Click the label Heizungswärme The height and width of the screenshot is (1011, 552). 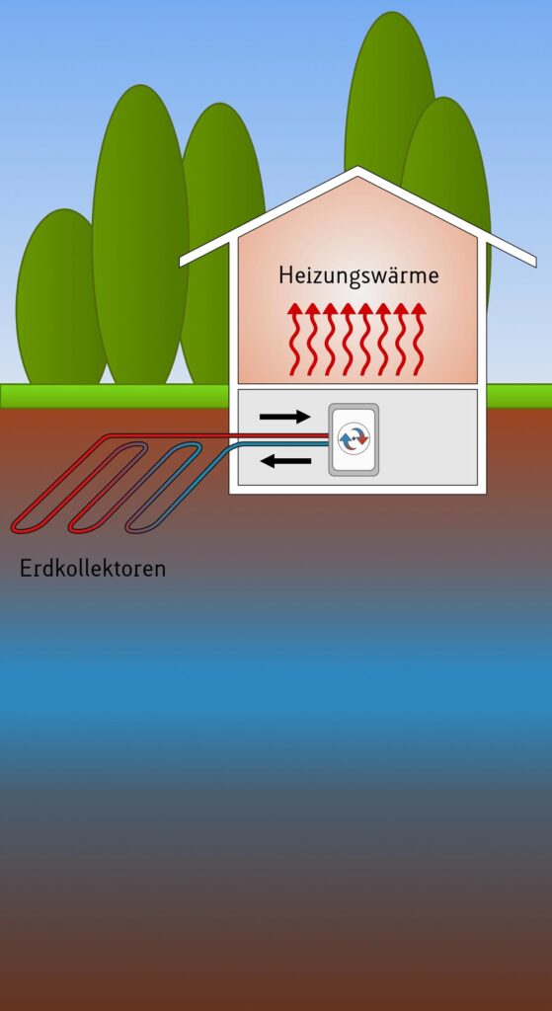[358, 276]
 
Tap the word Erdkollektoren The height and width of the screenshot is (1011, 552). [93, 569]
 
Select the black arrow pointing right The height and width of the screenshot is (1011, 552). [284, 417]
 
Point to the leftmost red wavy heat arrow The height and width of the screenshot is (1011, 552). [294, 340]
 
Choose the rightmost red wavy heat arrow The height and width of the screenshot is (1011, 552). [420, 340]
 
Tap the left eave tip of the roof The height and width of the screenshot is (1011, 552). [182, 263]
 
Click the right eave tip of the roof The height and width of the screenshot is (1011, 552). [534, 262]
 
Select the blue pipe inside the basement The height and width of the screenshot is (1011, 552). [283, 443]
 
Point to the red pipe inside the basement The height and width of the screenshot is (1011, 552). [283, 435]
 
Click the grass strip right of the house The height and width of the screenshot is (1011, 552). [519, 396]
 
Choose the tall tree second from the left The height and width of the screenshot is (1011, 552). [140, 235]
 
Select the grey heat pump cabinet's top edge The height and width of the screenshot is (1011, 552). [354, 404]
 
